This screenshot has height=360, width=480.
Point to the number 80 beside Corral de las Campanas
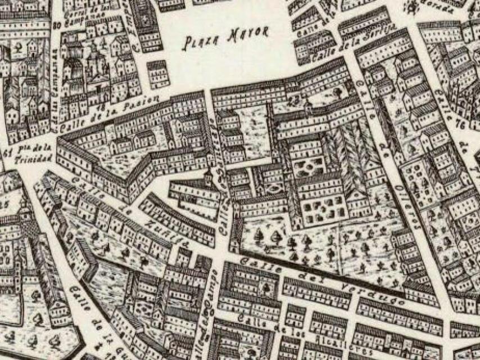[x=56, y=24]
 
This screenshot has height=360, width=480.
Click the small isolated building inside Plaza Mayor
[x=158, y=73]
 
